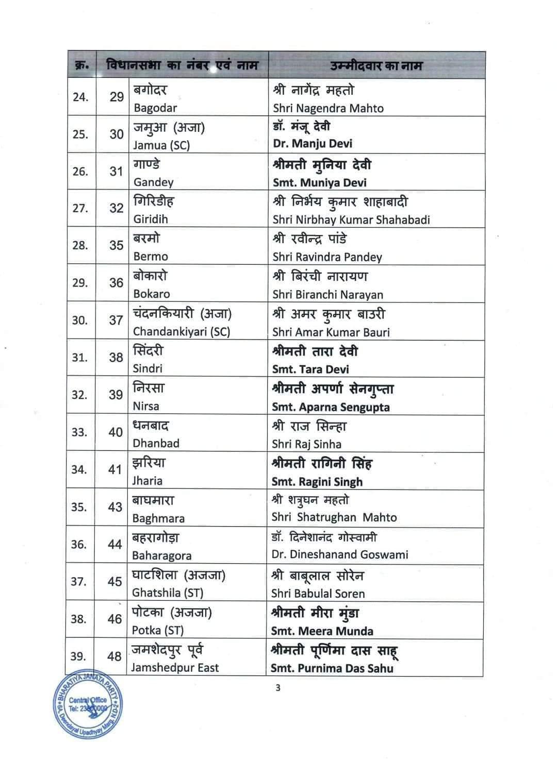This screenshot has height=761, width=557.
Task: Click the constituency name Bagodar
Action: tap(155, 108)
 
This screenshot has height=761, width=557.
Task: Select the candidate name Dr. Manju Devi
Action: tap(313, 143)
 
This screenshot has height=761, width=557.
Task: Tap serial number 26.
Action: tap(80, 172)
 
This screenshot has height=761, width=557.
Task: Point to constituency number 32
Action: tap(116, 208)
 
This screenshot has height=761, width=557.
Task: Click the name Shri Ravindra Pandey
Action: tap(327, 257)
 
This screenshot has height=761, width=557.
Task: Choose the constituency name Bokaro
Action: tap(151, 294)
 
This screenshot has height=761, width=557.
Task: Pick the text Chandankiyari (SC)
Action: tap(182, 332)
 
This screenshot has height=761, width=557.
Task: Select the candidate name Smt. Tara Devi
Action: tap(310, 369)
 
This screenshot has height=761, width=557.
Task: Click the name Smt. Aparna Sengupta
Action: tap(331, 407)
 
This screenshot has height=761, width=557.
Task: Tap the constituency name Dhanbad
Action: tap(156, 443)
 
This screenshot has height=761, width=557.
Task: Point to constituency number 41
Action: tap(115, 469)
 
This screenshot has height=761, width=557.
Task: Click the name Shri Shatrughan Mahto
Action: tap(334, 517)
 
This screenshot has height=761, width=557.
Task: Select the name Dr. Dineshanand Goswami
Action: tap(340, 554)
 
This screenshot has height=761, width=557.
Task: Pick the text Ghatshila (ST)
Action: tap(168, 593)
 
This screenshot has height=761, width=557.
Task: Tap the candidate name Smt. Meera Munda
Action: tap(322, 631)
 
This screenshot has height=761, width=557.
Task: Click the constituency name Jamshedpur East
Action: tap(175, 668)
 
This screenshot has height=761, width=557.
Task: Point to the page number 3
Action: tap(278, 688)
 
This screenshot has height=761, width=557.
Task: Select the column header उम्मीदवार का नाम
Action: tap(376, 66)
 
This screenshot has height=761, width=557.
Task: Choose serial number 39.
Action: tap(78, 656)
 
